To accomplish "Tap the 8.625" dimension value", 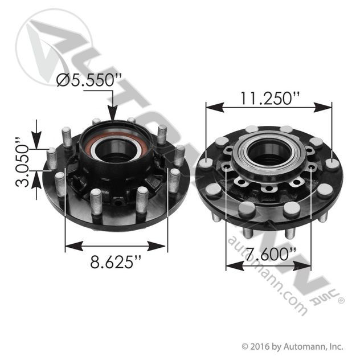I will point(116,263).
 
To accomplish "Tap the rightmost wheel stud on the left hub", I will point(179,156).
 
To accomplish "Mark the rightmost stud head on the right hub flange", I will point(333,165).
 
